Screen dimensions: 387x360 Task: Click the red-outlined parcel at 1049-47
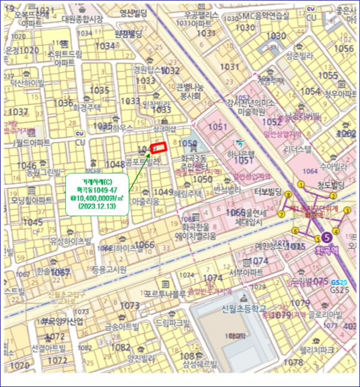159,148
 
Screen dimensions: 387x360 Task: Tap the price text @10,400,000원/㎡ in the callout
98,197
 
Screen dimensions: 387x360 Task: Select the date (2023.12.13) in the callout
98,206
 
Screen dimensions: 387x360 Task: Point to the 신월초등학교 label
244,308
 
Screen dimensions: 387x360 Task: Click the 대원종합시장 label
82,19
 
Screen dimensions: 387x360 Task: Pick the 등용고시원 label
108,269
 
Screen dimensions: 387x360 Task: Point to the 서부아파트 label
246,272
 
